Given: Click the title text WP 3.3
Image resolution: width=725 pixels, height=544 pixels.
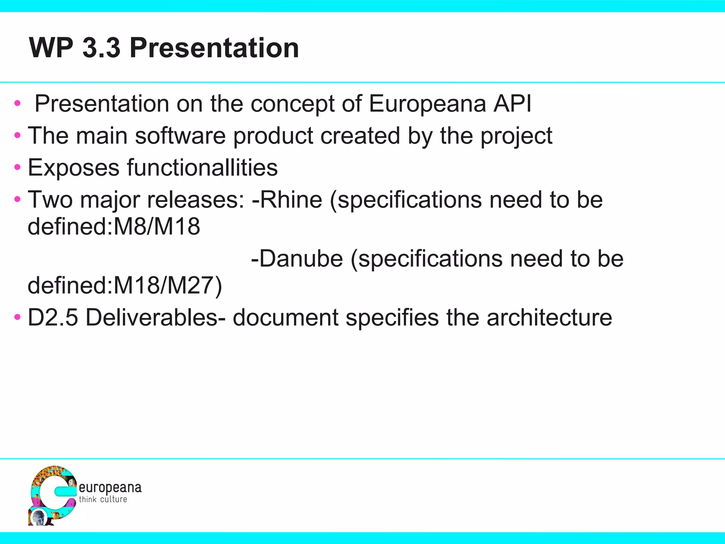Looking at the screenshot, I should (75, 48).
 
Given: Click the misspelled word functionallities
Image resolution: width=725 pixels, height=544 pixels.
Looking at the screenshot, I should (202, 168).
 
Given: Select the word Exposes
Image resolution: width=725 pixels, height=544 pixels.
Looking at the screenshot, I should (73, 168).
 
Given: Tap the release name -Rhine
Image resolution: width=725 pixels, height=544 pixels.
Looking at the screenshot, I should (287, 199).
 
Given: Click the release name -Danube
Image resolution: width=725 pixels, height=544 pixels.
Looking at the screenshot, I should (297, 259).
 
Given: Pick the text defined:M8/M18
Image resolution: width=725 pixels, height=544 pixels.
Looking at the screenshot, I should (114, 227).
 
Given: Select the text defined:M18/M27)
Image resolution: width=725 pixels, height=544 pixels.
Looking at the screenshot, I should (125, 285).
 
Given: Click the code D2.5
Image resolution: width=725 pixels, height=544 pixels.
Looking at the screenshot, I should (52, 317).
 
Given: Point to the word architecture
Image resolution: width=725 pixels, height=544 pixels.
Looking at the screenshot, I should (549, 317).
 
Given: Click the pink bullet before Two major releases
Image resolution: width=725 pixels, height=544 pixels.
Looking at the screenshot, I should (17, 200).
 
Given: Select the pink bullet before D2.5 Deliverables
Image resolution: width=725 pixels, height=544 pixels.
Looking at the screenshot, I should (17, 317).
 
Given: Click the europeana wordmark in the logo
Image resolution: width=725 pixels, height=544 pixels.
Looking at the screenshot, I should (110, 488).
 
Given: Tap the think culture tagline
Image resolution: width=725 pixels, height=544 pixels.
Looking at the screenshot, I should (103, 499).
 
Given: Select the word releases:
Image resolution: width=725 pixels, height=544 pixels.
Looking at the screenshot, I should (195, 199).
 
